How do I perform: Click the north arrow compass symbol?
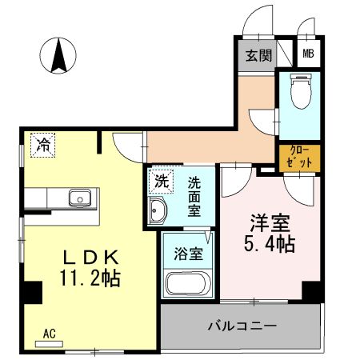(58, 55)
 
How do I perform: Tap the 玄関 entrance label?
(255, 55)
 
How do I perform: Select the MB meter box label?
(307, 55)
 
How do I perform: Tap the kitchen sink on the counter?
(80, 198)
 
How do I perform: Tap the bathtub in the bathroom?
(186, 283)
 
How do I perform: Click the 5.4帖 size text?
(266, 244)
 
